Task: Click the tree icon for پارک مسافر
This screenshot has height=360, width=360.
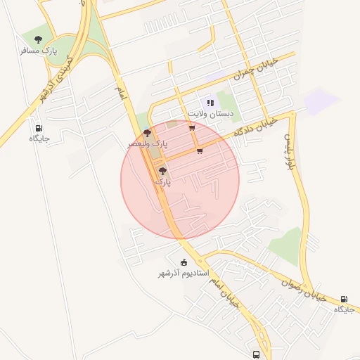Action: pyautogui.click(x=37, y=39)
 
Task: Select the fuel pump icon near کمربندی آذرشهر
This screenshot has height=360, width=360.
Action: pyautogui.click(x=38, y=128)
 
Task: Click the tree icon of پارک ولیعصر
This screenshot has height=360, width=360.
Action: pyautogui.click(x=146, y=132)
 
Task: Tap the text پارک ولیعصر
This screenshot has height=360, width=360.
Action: pyautogui.click(x=148, y=143)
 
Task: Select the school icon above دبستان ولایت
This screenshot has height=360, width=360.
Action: pyautogui.click(x=210, y=103)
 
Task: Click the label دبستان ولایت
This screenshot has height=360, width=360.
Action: pyautogui.click(x=210, y=113)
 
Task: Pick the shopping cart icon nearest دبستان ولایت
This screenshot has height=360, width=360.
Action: pyautogui.click(x=192, y=127)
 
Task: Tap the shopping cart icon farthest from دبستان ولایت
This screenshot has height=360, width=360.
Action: pyautogui.click(x=200, y=150)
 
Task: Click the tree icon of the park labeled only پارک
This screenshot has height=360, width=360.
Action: pyautogui.click(x=163, y=171)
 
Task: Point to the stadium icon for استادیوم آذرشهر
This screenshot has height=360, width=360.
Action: pyautogui.click(x=184, y=262)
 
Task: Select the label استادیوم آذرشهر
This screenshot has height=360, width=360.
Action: pyautogui.click(x=184, y=273)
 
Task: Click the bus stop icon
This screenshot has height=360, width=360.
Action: pyautogui.click(x=256, y=354)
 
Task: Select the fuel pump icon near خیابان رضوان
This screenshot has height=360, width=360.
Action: pyautogui.click(x=344, y=299)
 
